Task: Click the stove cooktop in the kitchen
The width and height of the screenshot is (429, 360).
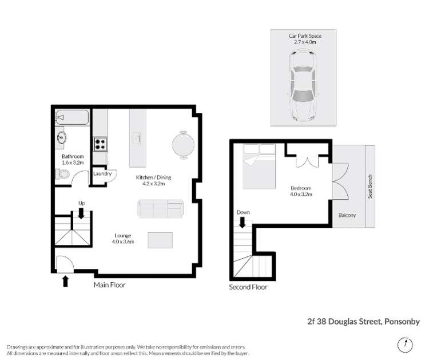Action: [101, 143]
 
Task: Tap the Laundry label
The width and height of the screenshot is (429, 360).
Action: [102, 173]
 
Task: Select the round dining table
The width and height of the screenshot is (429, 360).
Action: [184, 144]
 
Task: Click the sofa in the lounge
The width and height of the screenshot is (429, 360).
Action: [161, 209]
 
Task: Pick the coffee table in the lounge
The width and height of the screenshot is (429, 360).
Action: [160, 239]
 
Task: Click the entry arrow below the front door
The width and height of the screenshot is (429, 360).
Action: [65, 280]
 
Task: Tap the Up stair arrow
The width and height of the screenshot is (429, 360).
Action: [81, 213]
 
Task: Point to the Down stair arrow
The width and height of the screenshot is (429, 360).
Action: [243, 221]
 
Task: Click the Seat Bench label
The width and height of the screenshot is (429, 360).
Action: [370, 186]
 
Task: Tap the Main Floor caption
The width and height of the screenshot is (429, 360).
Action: [109, 284]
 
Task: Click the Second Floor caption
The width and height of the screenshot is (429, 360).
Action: [248, 287]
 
